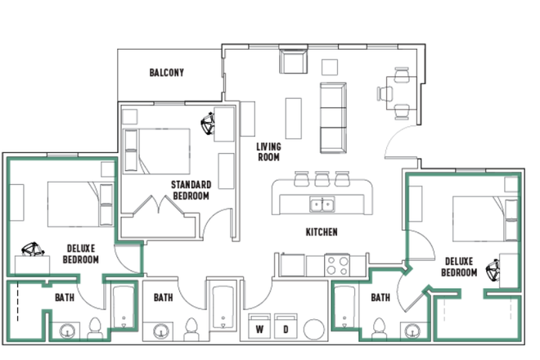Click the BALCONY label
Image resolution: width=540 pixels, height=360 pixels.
pyautogui.click(x=166, y=73)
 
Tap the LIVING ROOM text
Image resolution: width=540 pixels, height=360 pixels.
pyautogui.click(x=268, y=152)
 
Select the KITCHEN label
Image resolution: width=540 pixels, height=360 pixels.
pyautogui.click(x=322, y=232)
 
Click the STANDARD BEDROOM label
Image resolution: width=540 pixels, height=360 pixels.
pyautogui.click(x=191, y=190)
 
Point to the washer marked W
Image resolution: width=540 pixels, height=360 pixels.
pyautogui.click(x=259, y=326)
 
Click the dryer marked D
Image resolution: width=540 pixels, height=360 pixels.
pyautogui.click(x=286, y=326)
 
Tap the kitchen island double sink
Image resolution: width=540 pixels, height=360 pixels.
pyautogui.click(x=322, y=205)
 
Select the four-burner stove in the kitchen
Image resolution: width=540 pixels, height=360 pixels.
pyautogui.click(x=337, y=265)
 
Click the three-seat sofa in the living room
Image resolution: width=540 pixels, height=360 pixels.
pyautogui.click(x=333, y=118)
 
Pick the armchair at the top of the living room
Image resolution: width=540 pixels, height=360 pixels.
pyautogui.click(x=293, y=61)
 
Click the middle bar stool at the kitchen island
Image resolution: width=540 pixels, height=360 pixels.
pyautogui.click(x=322, y=179)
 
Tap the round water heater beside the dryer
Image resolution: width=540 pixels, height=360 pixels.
pyautogui.click(x=314, y=330)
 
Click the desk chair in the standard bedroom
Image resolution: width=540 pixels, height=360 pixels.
pyautogui.click(x=208, y=124)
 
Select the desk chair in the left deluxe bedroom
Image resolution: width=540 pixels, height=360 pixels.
pyautogui.click(x=33, y=249)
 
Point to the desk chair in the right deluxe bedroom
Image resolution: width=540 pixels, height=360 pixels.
pyautogui.click(x=493, y=270)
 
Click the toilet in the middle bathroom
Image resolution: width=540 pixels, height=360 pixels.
pyautogui.click(x=191, y=329)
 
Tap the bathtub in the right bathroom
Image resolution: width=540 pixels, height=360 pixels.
pyautogui.click(x=344, y=307)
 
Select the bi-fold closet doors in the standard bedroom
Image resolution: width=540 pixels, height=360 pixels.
pyautogui.click(x=159, y=205)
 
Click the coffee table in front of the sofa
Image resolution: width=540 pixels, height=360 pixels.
pyautogui.click(x=294, y=119)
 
